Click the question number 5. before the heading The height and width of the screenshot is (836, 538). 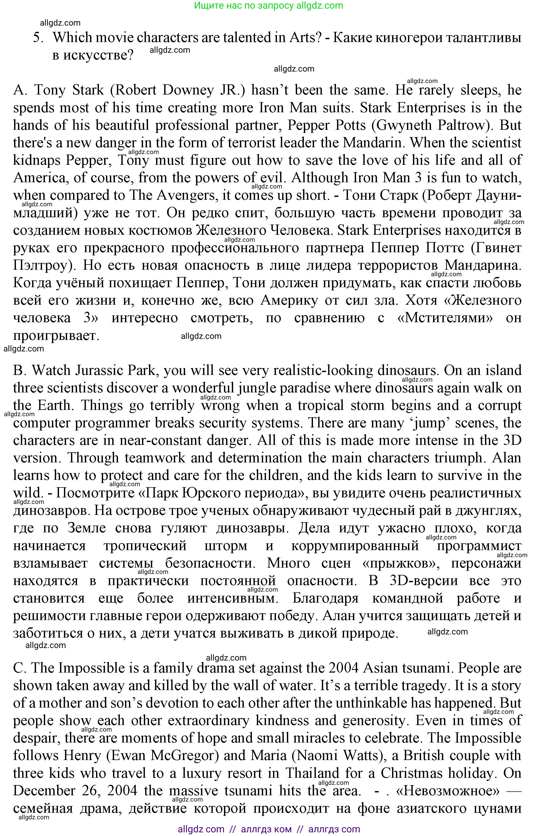click(x=38, y=38)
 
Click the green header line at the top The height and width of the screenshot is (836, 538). click(x=269, y=5)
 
